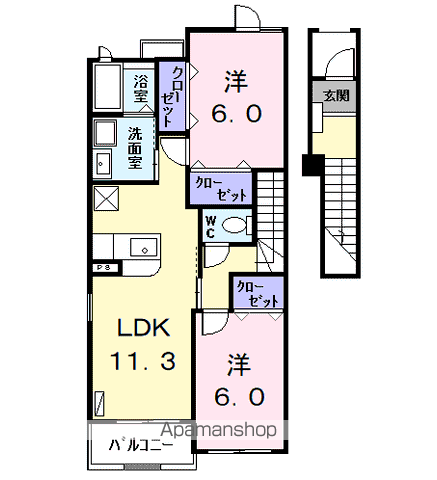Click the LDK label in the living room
click(144, 328)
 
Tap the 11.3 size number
click(143, 361)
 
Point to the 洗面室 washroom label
click(135, 147)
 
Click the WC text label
click(210, 227)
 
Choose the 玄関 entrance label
click(336, 96)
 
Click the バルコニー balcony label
click(141, 445)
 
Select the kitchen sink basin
click(144, 247)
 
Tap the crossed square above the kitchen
click(106, 199)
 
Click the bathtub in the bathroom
click(108, 87)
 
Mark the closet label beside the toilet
click(221, 189)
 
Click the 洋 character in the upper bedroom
click(236, 81)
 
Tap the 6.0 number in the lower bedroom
click(239, 397)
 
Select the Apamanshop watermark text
click(219, 430)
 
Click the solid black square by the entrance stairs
click(313, 165)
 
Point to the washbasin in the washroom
click(104, 163)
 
